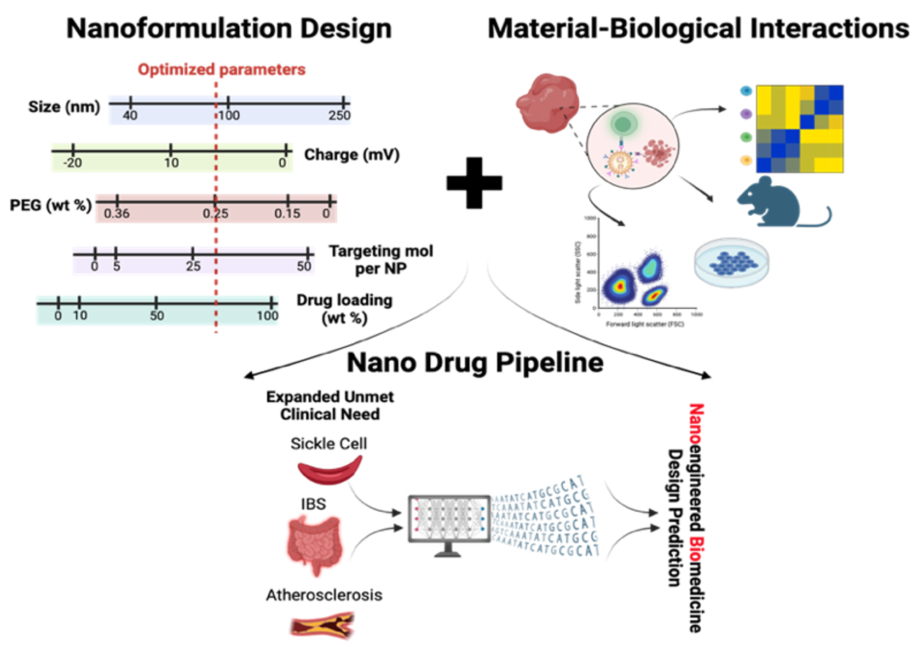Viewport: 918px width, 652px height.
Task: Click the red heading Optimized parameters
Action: tap(221, 70)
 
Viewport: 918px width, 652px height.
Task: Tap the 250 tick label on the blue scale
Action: tap(339, 116)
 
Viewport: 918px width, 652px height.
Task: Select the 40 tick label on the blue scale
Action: tap(130, 116)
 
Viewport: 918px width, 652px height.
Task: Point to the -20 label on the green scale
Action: tap(72, 163)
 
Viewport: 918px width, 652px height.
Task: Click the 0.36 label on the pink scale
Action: tap(117, 214)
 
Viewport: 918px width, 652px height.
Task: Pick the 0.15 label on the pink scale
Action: tap(287, 214)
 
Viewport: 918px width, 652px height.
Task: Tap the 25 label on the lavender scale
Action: tap(193, 266)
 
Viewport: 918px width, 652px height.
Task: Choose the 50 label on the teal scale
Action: tap(157, 315)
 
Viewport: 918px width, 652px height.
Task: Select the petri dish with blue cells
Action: tap(731, 262)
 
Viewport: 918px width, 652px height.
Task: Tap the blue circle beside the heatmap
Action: tap(746, 91)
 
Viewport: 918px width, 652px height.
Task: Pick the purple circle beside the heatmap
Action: tap(746, 114)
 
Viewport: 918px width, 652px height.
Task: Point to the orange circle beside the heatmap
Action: tap(746, 160)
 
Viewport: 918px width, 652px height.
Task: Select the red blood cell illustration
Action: tap(330, 470)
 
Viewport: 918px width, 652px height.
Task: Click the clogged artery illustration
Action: tap(322, 626)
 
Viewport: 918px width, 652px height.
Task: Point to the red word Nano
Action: tap(695, 423)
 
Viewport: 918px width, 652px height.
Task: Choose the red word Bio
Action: tap(695, 548)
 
